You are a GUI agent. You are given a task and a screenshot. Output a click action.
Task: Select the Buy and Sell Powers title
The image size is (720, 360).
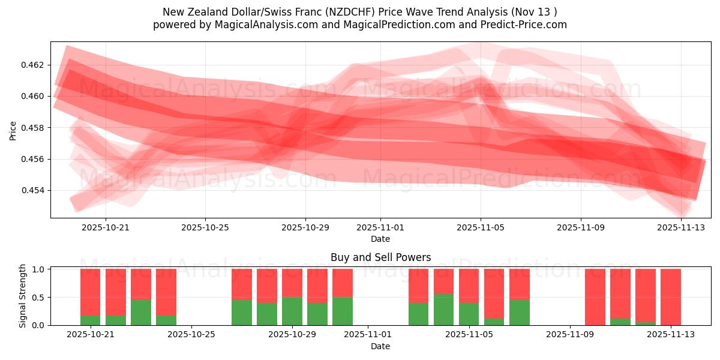(x=380, y=257)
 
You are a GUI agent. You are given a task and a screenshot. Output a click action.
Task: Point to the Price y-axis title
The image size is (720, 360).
(x=13, y=131)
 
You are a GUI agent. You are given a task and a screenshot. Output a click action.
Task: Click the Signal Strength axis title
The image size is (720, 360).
(x=23, y=296)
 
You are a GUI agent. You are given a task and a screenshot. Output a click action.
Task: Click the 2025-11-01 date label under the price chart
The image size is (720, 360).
(x=380, y=228)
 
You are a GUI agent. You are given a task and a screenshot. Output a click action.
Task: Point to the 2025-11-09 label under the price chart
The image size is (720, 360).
(x=581, y=228)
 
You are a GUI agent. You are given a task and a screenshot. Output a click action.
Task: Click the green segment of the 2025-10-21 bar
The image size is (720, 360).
(x=91, y=320)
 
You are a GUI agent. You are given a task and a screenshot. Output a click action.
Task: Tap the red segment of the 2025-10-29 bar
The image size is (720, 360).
(x=292, y=283)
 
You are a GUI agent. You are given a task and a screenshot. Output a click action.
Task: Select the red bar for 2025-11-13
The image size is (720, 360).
(x=671, y=296)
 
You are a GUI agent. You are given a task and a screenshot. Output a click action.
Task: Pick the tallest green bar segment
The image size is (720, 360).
(x=444, y=310)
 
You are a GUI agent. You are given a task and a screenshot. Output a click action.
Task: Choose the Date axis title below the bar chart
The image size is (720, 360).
(x=380, y=346)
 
